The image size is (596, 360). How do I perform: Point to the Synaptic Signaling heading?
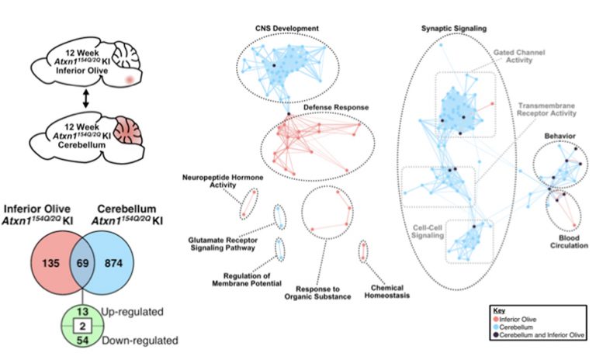454,28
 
